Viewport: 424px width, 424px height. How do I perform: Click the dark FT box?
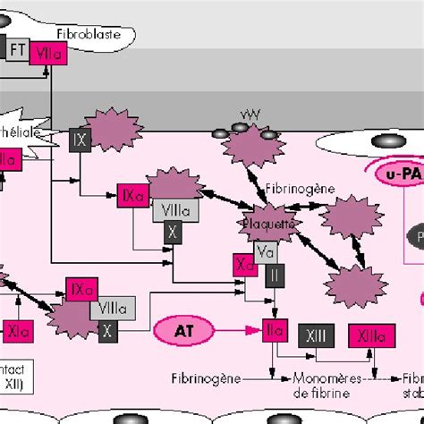point(17,49)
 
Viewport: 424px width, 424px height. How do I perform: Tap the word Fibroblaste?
point(88,36)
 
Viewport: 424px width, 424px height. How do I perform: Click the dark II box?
point(273,276)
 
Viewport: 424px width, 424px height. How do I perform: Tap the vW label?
point(250,115)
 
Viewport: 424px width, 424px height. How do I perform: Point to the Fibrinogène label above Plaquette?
point(292,190)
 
